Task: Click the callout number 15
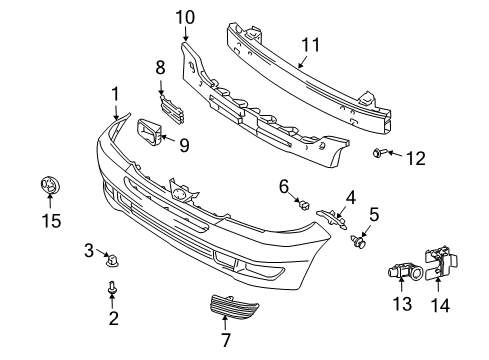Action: (52, 221)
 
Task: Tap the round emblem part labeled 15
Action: (49, 185)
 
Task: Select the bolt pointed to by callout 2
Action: (112, 288)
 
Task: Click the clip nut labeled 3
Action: (112, 260)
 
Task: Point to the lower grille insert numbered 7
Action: (233, 306)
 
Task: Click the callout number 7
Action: (226, 340)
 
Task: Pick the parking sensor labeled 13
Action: (406, 270)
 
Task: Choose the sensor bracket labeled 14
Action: (441, 263)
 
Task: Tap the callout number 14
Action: (440, 305)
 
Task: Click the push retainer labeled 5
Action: (359, 241)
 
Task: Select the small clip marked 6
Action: (304, 205)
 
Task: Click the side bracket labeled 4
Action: (331, 218)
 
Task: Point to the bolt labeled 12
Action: (379, 153)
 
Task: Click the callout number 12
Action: (416, 158)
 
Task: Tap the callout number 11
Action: (311, 45)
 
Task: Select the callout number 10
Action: (185, 17)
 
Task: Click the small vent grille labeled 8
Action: (172, 110)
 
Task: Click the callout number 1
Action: (115, 94)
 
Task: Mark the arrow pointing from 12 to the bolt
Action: (395, 154)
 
